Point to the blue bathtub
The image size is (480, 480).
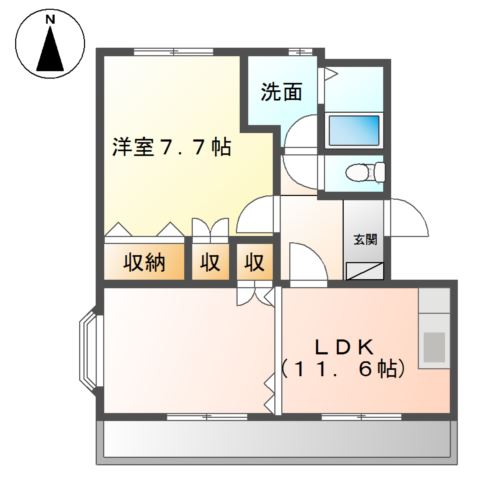point(350,131)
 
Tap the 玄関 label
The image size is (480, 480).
point(364,239)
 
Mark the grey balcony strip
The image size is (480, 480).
point(276,439)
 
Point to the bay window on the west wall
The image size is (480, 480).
point(89,354)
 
